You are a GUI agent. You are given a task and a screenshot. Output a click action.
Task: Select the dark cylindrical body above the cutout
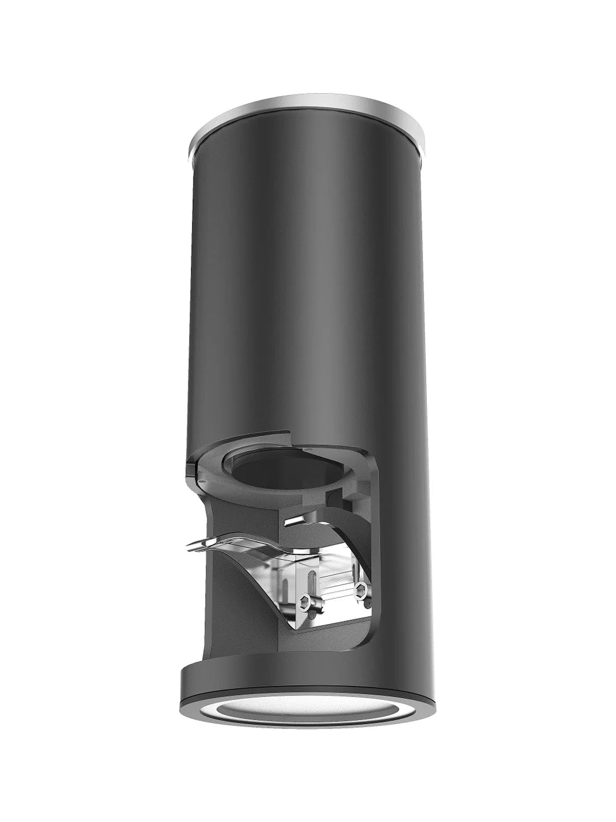pyautogui.click(x=308, y=277)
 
